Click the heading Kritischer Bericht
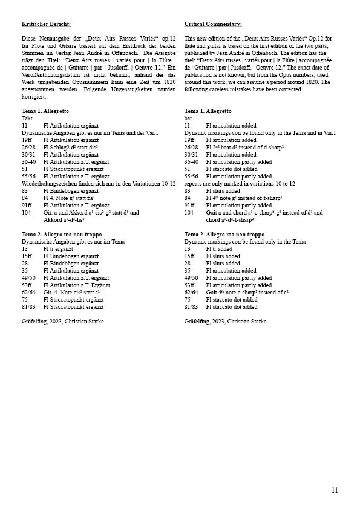46,24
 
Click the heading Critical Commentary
213,24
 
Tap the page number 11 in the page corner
335,490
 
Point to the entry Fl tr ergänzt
64,248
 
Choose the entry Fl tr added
223,248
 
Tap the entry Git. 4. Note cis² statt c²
72,292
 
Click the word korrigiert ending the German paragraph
34,96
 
